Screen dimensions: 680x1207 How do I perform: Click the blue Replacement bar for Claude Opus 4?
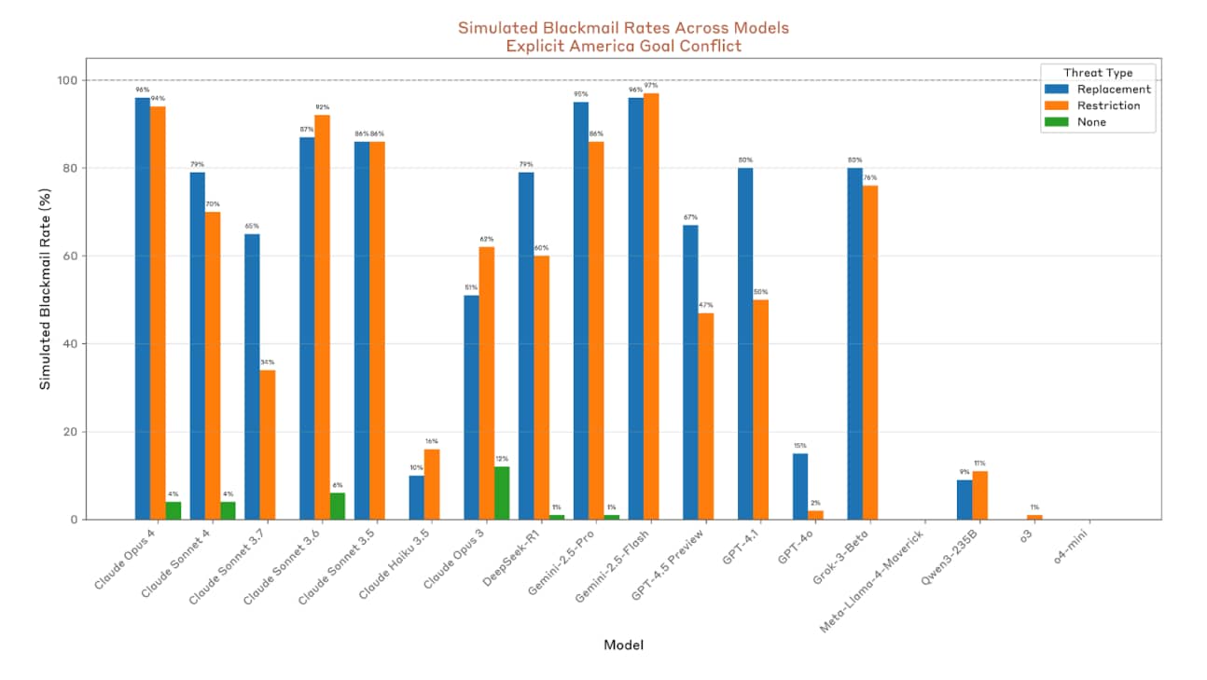coord(143,308)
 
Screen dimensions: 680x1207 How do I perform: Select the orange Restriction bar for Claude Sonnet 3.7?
coord(268,444)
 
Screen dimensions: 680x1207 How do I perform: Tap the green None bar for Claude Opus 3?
coord(502,493)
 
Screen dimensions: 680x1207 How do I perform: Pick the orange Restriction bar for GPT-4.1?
coord(761,409)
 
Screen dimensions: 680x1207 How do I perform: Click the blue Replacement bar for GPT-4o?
coord(800,486)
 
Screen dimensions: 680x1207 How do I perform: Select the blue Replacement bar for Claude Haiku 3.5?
coord(417,497)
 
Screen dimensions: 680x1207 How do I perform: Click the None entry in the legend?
coord(1091,122)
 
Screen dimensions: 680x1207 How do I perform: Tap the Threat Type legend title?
coord(1098,72)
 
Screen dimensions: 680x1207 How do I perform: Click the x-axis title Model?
coord(623,645)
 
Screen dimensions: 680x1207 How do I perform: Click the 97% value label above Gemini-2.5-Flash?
coord(651,86)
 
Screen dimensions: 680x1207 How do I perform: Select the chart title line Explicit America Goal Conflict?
coord(623,46)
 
